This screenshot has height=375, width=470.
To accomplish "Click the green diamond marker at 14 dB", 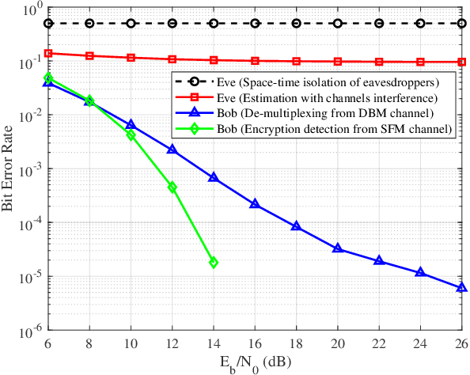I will point(214,262).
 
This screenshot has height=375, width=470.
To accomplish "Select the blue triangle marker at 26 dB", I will point(462,287).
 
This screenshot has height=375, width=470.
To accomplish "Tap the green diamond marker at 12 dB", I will point(172,187).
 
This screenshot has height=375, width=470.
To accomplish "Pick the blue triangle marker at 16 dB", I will point(255,203).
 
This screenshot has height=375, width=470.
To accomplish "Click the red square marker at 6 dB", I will point(48,54).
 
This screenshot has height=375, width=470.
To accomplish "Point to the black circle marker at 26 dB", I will point(462,24).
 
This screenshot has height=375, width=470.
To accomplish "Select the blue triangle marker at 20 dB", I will point(338,248).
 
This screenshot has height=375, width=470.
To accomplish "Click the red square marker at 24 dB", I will point(421,62).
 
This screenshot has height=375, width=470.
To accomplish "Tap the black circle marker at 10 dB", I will point(131,24).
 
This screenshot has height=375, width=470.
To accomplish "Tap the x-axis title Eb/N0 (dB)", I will point(255,364).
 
